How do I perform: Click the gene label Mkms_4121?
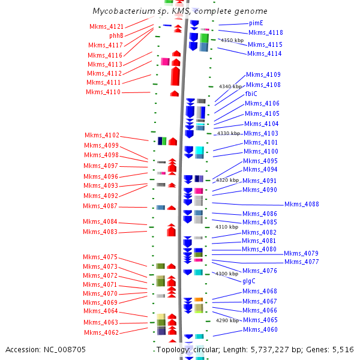coord(106,26)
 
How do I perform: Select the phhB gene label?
coord(116,35)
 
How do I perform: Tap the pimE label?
coord(256,23)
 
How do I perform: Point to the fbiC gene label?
coord(251,94)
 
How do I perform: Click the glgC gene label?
coord(249,280)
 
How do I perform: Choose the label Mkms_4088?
coord(301,204)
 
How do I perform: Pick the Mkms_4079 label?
coord(301,253)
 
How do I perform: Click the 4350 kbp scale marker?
coord(232,40)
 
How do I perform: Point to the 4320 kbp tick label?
coord(227,180)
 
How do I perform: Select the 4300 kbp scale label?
coord(227,274)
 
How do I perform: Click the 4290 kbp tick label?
coord(227,320)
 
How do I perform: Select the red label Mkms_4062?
coord(101,332)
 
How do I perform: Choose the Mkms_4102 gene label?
coord(101,135)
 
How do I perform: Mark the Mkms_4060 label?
coord(260,329)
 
